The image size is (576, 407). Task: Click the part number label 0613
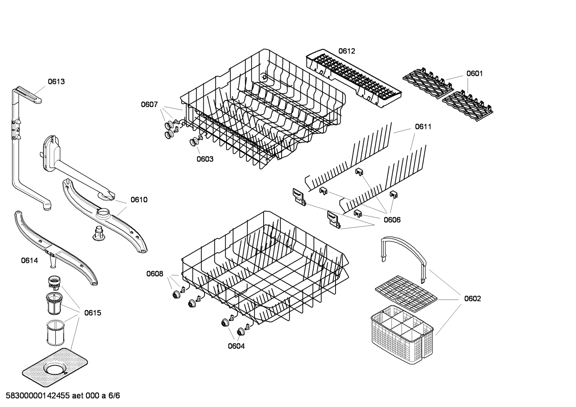[56, 81]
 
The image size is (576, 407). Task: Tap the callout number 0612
[346, 51]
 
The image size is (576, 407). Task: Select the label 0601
[475, 73]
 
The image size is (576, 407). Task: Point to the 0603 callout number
[205, 159]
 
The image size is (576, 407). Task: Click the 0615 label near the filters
[93, 313]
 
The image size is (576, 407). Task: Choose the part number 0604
[236, 346]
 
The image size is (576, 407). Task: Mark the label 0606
[392, 220]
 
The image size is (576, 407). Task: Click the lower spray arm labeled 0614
[56, 248]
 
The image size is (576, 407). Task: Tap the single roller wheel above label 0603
[195, 141]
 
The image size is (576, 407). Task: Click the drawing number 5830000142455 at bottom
[36, 396]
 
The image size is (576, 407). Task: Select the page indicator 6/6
[114, 396]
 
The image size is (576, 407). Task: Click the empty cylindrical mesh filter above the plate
[55, 333]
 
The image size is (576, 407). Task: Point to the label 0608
[155, 274]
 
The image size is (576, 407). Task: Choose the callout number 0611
[423, 127]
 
